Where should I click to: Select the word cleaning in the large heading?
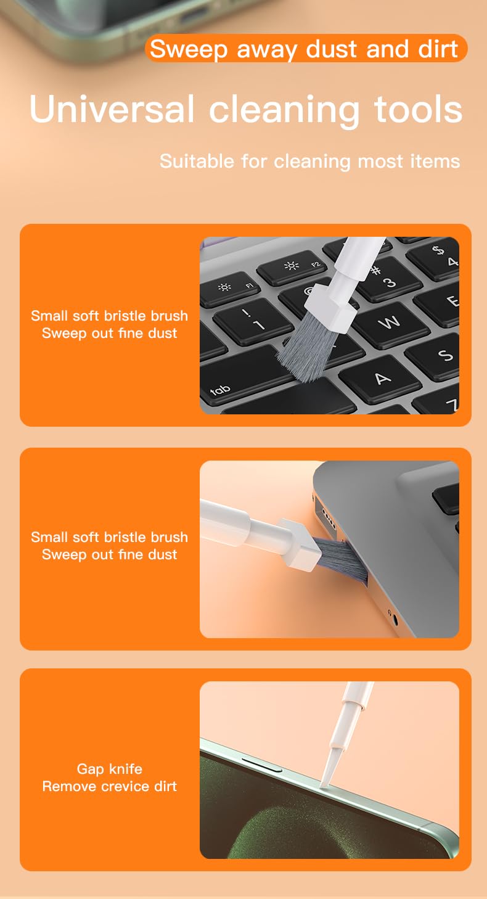pos(284,110)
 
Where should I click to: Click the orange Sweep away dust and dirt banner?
pos(306,48)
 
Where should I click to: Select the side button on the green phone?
pos(261,765)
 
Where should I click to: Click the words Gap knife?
pos(110,769)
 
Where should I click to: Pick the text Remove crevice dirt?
pos(110,786)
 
